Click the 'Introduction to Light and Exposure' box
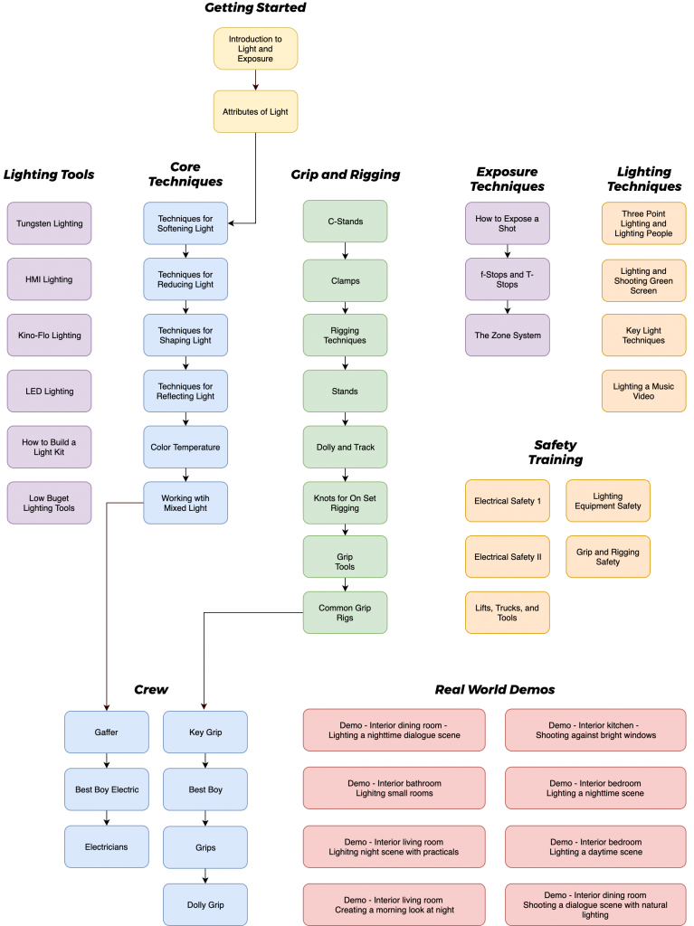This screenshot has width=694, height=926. pyautogui.click(x=255, y=48)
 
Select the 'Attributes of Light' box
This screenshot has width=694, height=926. pyautogui.click(x=255, y=112)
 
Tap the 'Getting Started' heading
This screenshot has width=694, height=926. pyautogui.click(x=255, y=8)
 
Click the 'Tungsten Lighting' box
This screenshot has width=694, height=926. pyautogui.click(x=49, y=223)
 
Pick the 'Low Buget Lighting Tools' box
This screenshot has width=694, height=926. pyautogui.click(x=49, y=503)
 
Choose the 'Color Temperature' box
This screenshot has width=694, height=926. pyautogui.click(x=185, y=447)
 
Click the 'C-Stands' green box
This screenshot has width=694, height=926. pyautogui.click(x=345, y=222)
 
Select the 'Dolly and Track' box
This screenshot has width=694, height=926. pyautogui.click(x=345, y=447)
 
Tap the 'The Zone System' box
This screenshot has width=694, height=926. pyautogui.click(x=508, y=335)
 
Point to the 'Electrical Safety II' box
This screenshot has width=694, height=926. pyautogui.click(x=508, y=557)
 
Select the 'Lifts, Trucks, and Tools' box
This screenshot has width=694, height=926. pyautogui.click(x=508, y=613)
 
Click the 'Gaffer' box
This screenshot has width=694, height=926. pyautogui.click(x=107, y=732)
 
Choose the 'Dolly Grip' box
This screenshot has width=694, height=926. pyautogui.click(x=205, y=904)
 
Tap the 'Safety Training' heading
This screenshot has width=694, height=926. pyautogui.click(x=556, y=452)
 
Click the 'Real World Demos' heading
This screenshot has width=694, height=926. pyautogui.click(x=495, y=690)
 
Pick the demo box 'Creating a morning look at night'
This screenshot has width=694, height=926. pyautogui.click(x=394, y=905)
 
